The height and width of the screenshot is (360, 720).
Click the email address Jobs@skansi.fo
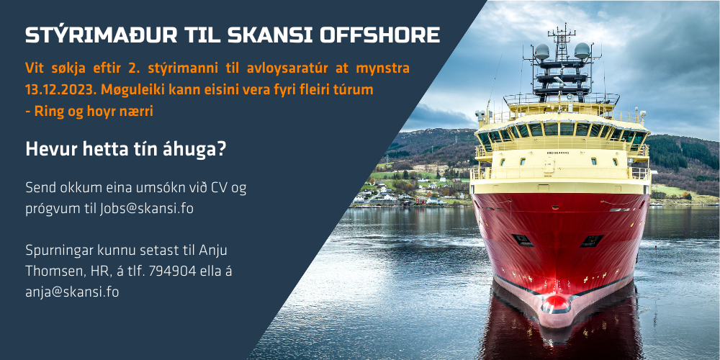tap(146, 209)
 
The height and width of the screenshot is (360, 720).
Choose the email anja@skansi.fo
tap(72, 292)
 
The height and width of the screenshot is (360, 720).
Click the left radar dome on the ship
tap(541, 51)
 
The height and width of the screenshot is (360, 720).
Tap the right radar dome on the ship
tap(582, 50)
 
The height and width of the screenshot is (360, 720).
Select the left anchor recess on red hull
tap(523, 240)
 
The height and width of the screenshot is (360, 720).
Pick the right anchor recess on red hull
tap(591, 241)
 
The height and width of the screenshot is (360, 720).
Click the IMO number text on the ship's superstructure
tap(557, 153)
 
